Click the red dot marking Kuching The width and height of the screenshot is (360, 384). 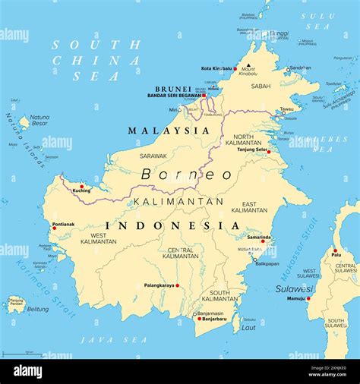[82, 186]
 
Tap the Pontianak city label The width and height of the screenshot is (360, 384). [64, 224]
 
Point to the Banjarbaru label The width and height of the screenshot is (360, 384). [213, 319]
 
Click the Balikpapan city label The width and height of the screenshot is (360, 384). [267, 263]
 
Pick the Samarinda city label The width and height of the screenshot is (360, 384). [258, 237]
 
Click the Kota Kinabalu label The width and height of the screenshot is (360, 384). [216, 68]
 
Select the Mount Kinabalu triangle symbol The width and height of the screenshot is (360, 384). [248, 65]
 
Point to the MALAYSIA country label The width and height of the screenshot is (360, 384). [168, 131]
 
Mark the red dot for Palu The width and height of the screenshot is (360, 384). [335, 250]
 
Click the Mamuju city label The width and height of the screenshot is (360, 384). [295, 298]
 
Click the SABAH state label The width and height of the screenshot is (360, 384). [261, 86]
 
